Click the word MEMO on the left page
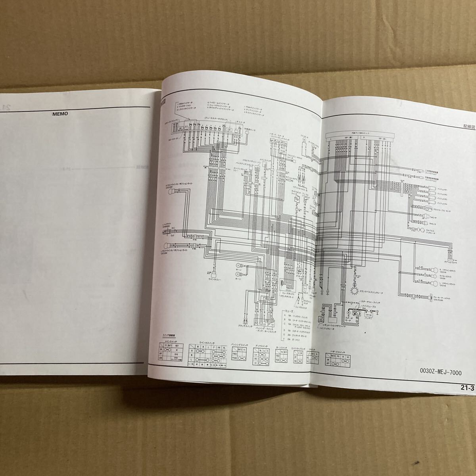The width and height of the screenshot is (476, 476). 60,113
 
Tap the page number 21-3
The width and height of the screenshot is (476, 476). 467,388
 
